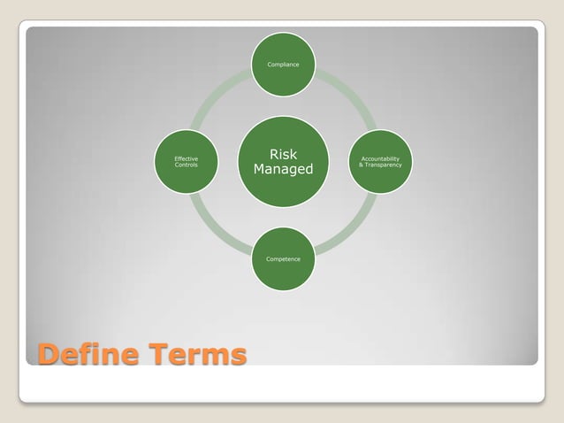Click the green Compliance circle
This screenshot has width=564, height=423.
pos(283,65)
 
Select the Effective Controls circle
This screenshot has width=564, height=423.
pos(187,162)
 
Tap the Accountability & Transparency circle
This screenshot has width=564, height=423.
pos(380,162)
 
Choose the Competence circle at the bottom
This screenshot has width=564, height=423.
pos(283,258)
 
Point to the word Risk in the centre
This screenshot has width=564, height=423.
pos(283,154)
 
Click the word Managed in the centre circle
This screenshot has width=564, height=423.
pos(283,169)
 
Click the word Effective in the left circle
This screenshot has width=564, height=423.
pos(187,158)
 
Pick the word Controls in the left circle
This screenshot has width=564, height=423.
pos(187,165)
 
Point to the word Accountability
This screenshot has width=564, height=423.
pos(380,158)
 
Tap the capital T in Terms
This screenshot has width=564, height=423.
pos(160,355)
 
